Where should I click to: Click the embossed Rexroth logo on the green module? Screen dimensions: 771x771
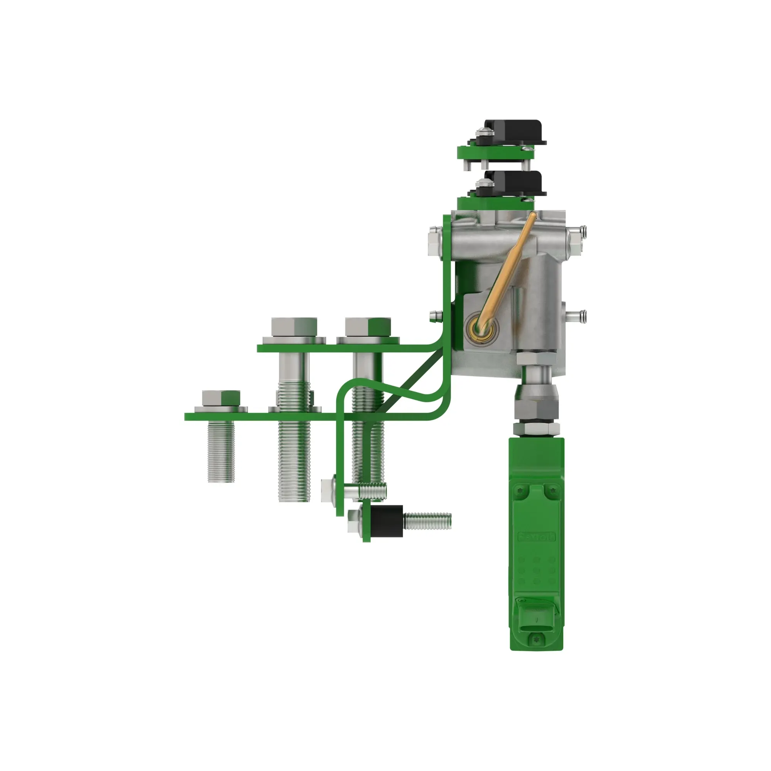click(536, 537)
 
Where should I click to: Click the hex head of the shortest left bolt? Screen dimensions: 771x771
click(221, 397)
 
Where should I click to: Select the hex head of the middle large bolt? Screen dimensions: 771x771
click(294, 327)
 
